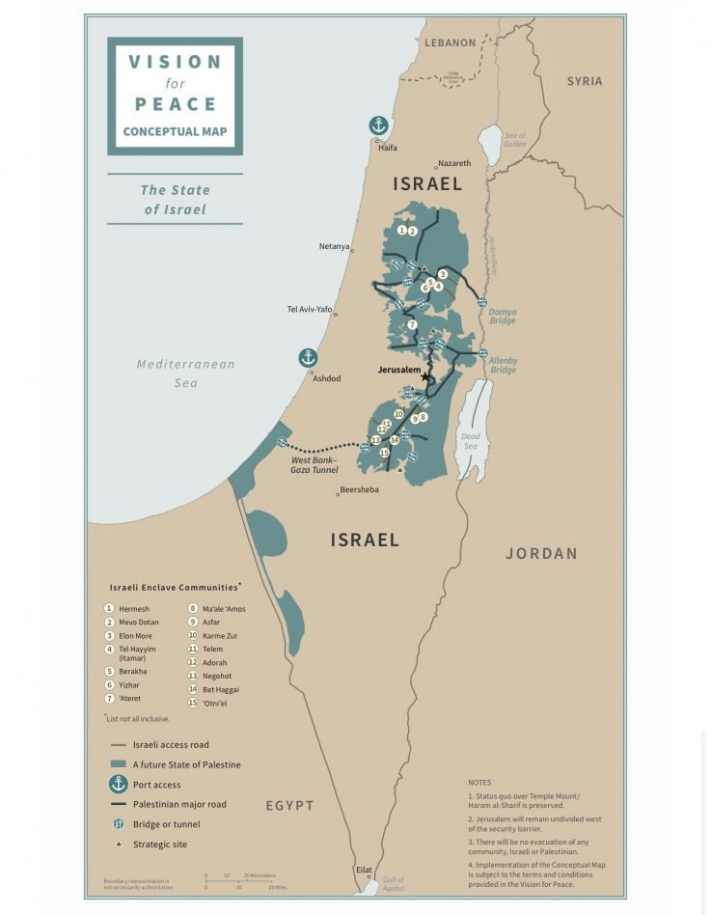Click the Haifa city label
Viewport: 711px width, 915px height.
[387, 148]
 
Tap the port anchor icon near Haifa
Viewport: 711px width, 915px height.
[379, 125]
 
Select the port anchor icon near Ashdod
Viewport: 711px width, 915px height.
[308, 358]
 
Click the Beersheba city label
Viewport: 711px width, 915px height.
[358, 490]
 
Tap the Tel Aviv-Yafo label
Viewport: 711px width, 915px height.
[310, 309]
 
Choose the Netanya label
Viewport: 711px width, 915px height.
[334, 246]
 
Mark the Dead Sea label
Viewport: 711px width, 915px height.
[471, 441]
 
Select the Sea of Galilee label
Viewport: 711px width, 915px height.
[515, 140]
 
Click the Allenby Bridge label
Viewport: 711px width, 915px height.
[503, 365]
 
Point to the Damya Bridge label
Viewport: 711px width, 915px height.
[502, 316]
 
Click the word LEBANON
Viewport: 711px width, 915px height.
[451, 42]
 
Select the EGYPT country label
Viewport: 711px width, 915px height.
[290, 805]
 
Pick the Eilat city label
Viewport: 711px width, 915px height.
[363, 870]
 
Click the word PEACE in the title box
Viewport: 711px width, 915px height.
[175, 103]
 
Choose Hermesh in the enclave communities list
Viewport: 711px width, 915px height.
[134, 609]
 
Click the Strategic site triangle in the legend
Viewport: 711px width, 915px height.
[119, 845]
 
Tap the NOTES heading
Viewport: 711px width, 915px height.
[479, 783]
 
